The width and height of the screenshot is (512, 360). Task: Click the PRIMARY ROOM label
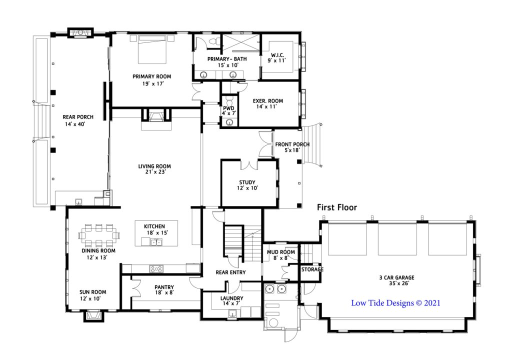point(151,76)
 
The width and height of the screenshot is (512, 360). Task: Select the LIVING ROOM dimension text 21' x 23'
point(155,172)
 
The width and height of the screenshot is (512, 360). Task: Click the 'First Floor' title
point(336,207)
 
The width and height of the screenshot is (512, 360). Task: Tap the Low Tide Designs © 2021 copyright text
point(395,302)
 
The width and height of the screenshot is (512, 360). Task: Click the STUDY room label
point(247,182)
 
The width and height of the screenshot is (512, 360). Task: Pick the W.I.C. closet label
point(278,54)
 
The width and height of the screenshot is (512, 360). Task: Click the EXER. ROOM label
point(268,100)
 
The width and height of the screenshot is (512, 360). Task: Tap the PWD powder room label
point(228,108)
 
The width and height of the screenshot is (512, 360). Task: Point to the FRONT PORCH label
point(292,144)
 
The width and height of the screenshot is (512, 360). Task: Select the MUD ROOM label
point(280,252)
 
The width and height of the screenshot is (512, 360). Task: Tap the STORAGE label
point(312,269)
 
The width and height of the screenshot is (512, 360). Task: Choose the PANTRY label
point(164,287)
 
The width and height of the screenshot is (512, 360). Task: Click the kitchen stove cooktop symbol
point(156,268)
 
